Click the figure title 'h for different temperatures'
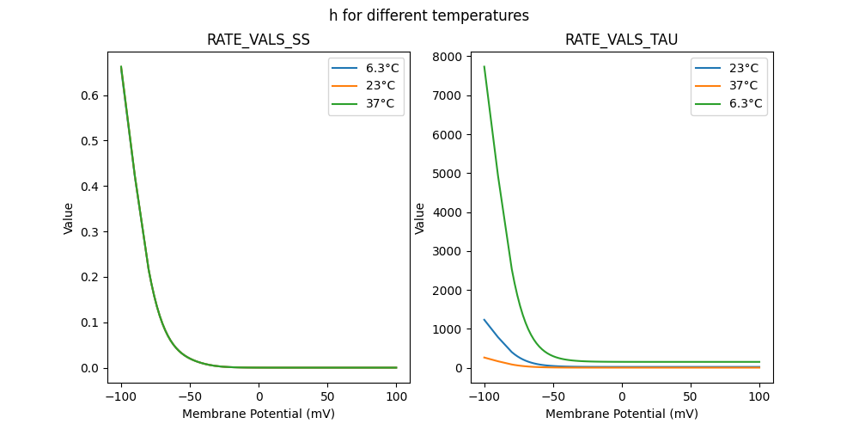(x=429, y=15)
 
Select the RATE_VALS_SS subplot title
(x=259, y=40)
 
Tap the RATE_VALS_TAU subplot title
(x=621, y=40)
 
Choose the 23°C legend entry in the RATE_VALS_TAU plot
(x=743, y=68)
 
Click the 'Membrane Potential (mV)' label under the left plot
(x=259, y=414)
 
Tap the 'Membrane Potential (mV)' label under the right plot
(x=621, y=414)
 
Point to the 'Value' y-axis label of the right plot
(x=420, y=218)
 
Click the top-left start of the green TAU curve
(x=484, y=67)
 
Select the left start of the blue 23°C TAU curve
(x=484, y=320)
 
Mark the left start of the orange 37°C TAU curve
(x=484, y=358)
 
